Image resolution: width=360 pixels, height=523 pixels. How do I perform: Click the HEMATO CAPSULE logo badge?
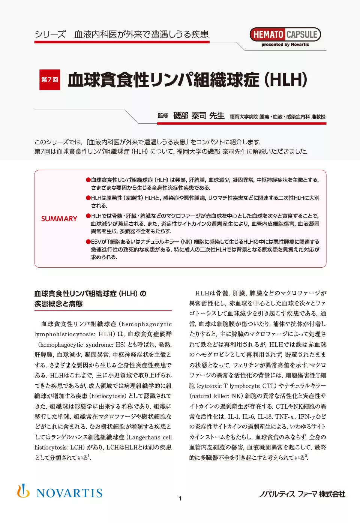pyautogui.click(x=285, y=34)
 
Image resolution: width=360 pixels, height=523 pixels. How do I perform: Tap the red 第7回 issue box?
pyautogui.click(x=49, y=79)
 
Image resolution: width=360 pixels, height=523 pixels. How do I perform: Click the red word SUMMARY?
pyautogui.click(x=59, y=219)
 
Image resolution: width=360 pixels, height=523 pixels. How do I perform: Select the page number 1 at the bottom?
pyautogui.click(x=180, y=498)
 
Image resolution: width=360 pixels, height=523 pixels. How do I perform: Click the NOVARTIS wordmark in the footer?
pyautogui.click(x=69, y=493)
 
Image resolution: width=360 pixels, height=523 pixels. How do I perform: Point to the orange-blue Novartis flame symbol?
pyautogui.click(x=23, y=491)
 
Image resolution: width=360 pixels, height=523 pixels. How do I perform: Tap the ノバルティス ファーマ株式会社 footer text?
pyautogui.click(x=302, y=494)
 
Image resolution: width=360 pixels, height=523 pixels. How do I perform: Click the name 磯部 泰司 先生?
pyautogui.click(x=199, y=116)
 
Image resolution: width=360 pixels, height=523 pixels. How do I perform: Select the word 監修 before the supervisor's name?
pyautogui.click(x=163, y=115)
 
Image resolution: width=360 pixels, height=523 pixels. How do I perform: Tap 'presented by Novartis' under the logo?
pyautogui.click(x=285, y=45)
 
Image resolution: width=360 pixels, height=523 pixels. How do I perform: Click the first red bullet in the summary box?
pyautogui.click(x=88, y=180)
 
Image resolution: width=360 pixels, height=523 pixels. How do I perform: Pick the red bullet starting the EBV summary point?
pyautogui.click(x=88, y=242)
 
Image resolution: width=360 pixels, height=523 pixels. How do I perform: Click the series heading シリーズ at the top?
pyautogui.click(x=50, y=34)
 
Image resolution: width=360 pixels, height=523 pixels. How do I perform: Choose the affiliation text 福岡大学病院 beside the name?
pyautogui.click(x=244, y=117)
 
